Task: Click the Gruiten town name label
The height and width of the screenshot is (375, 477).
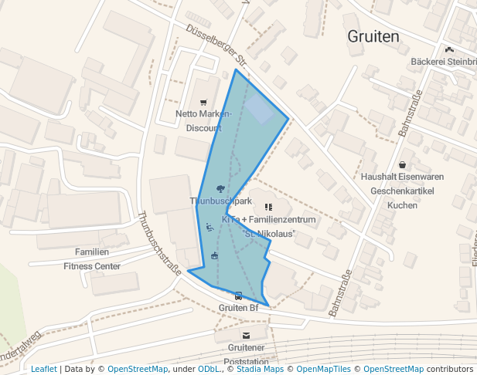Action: pos(373,36)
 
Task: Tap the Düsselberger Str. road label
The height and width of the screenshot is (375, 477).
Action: pos(216,45)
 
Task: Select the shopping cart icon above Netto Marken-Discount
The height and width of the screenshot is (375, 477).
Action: pos(203,102)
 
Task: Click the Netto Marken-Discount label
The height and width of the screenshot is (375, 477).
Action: pos(203,120)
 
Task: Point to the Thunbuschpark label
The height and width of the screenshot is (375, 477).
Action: pos(221,201)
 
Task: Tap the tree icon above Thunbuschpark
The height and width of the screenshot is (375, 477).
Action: pos(221,188)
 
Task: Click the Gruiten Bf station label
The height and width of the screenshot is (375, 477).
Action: pos(238,308)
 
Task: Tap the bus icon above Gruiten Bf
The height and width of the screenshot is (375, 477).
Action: pos(238,296)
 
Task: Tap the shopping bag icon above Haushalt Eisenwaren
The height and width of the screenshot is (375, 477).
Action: pos(403,164)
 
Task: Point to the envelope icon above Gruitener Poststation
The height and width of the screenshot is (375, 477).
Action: pos(246,336)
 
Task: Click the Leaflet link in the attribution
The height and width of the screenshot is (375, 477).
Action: pos(43,369)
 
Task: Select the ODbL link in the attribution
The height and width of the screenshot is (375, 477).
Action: pos(209,369)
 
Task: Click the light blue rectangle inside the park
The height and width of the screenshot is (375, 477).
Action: pos(260,110)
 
